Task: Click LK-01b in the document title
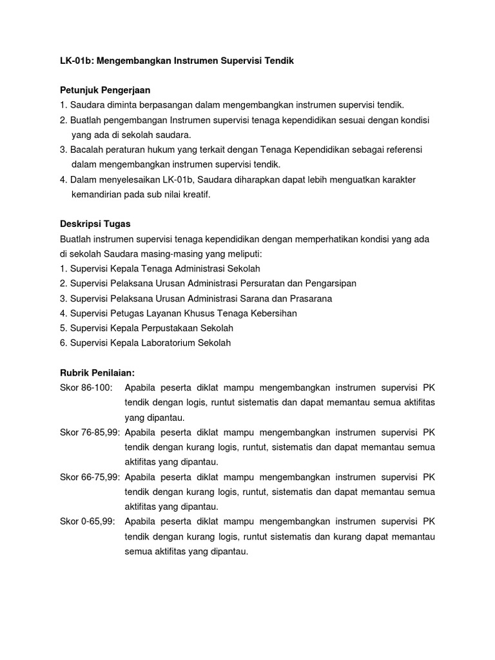(x=74, y=61)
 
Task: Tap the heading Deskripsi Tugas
(x=95, y=224)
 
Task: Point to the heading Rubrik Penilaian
(x=97, y=373)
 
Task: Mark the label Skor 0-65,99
(x=87, y=521)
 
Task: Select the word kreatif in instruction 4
(x=196, y=194)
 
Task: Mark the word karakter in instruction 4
(x=398, y=179)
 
